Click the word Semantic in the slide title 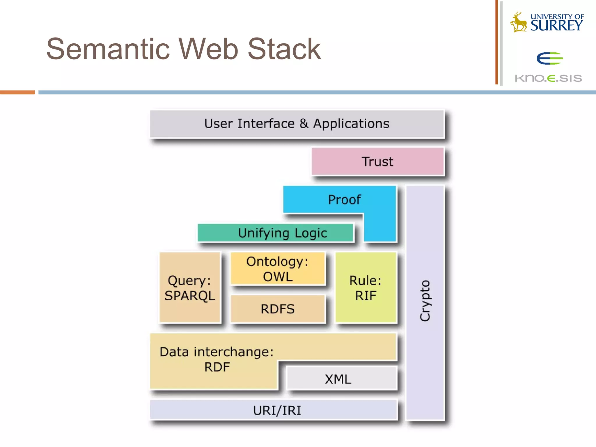108,49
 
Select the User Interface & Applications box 297,124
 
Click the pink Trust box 377,162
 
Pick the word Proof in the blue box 344,200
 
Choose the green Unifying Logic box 275,233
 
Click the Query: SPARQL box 190,288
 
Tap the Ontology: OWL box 278,269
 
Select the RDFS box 278,309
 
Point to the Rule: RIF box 366,288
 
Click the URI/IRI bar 274,410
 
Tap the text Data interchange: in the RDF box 217,352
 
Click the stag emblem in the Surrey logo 518,23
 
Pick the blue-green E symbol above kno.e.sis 549,58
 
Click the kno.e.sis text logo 548,78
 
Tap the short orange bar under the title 17,92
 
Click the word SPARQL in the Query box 190,296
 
